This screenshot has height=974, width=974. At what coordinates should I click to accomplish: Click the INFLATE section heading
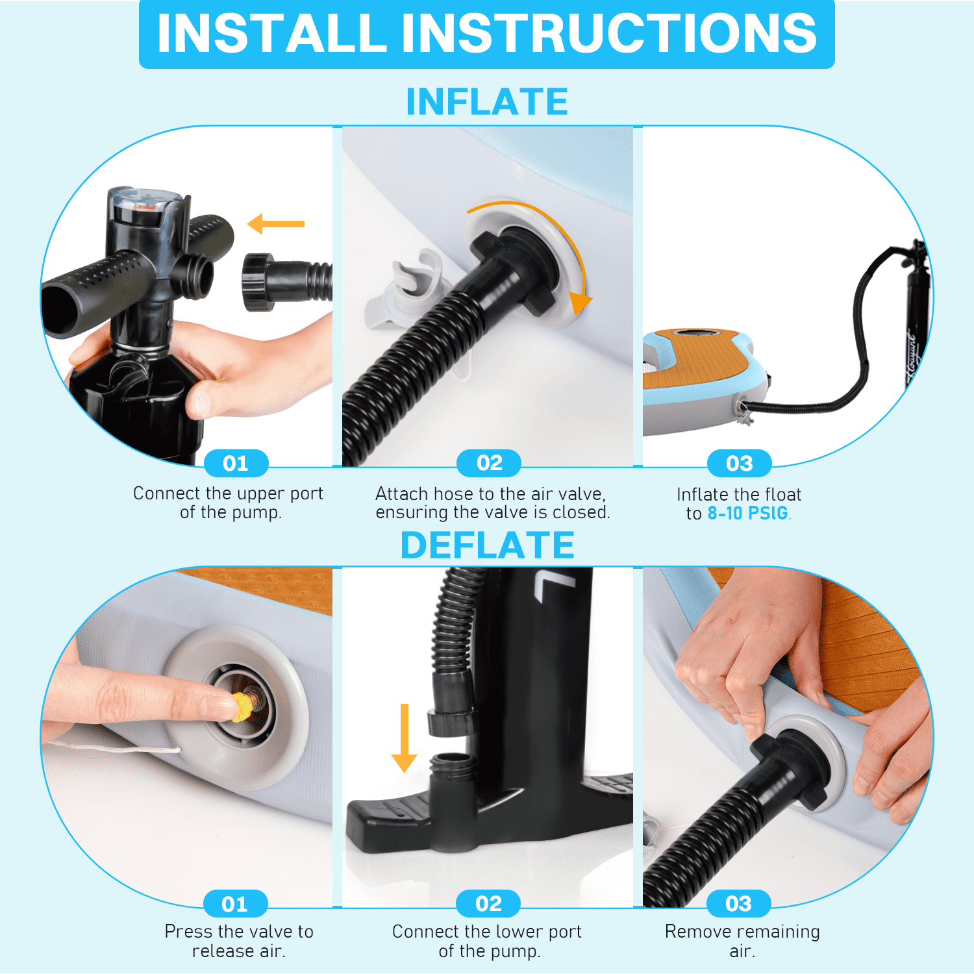click(x=487, y=101)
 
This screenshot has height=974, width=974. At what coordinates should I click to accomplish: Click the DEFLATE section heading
click(x=487, y=545)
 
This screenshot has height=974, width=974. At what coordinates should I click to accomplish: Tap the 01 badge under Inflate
click(x=236, y=463)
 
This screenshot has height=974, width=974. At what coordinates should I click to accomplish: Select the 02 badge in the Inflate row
click(x=489, y=463)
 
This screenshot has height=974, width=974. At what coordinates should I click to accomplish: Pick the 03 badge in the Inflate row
click(x=740, y=463)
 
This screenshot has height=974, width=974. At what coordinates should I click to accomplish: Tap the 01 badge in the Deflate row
click(x=235, y=904)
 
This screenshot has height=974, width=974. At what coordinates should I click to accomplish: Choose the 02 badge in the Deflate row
click(x=488, y=904)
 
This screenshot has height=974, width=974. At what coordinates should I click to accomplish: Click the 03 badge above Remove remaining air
click(x=739, y=904)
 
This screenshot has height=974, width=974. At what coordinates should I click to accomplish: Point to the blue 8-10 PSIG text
click(x=748, y=513)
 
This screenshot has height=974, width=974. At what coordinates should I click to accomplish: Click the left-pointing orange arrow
click(x=276, y=224)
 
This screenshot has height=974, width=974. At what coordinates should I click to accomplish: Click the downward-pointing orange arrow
click(x=405, y=738)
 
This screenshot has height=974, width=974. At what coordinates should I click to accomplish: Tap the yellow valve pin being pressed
click(x=242, y=707)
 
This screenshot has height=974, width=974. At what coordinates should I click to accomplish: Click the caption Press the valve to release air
click(x=239, y=941)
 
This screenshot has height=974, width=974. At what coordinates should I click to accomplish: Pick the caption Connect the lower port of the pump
click(x=488, y=941)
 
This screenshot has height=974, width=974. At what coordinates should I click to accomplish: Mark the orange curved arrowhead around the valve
click(x=581, y=302)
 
